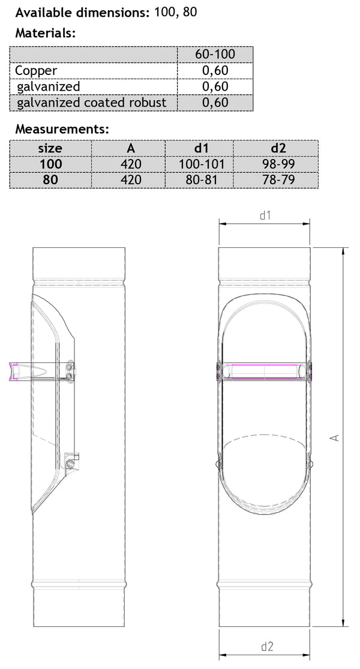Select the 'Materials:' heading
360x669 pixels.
[x=46, y=34]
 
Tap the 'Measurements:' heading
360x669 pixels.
[x=62, y=129]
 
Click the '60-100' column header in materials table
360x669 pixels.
[x=215, y=55]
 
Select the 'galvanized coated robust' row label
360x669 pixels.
[x=92, y=103]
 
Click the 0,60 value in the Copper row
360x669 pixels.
[x=215, y=71]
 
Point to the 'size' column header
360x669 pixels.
[x=50, y=148]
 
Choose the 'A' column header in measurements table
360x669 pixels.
[x=128, y=148]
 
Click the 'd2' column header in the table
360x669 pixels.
[x=275, y=148]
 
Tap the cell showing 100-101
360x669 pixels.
[x=199, y=164]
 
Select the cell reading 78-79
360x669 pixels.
[x=275, y=179]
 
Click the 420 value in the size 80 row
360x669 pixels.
[x=128, y=179]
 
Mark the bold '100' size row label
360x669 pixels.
[x=50, y=164]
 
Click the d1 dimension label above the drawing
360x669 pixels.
[x=265, y=215]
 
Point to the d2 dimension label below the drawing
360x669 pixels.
[x=267, y=646]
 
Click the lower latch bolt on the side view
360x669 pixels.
[x=71, y=465]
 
